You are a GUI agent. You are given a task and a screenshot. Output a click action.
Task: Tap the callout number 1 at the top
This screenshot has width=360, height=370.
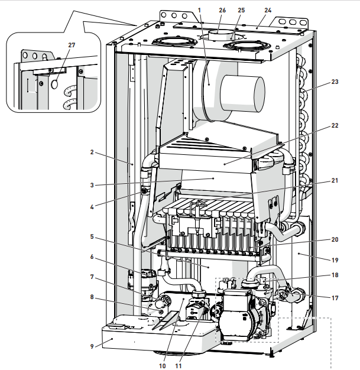[200, 10]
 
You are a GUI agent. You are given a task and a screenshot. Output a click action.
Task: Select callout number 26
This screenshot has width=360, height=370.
[222, 10]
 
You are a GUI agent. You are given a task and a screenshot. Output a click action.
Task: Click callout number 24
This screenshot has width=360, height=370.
[268, 10]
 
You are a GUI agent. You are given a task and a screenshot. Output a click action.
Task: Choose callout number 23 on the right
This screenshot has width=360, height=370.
[335, 83]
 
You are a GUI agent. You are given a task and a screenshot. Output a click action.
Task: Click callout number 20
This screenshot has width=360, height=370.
[335, 240]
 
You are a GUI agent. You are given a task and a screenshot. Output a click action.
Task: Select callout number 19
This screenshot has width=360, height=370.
[335, 259]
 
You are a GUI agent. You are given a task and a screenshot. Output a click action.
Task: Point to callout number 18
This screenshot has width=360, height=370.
[335, 275]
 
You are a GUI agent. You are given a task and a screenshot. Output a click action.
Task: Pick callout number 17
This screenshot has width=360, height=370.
[335, 298]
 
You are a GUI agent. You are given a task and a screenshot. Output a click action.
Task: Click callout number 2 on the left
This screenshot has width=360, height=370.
[93, 152]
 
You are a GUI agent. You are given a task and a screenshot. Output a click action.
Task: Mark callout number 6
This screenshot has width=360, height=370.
[93, 257]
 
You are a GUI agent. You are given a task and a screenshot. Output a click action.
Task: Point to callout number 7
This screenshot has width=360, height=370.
[93, 276]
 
